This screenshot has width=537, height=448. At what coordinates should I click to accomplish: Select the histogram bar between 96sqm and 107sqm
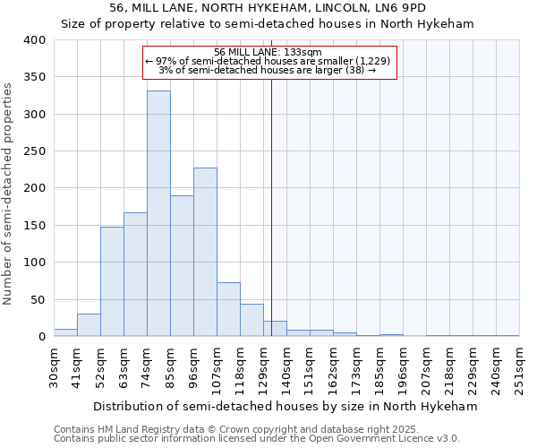click(205, 252)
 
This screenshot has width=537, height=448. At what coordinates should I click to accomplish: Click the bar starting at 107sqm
click(228, 309)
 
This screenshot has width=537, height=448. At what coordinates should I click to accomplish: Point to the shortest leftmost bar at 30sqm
click(65, 332)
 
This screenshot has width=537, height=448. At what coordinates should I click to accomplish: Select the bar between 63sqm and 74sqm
click(135, 274)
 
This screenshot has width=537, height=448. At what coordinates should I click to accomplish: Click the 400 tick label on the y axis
click(34, 40)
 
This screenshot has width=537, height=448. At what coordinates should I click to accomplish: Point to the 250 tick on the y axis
click(34, 151)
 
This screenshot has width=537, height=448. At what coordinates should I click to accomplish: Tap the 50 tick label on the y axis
click(38, 299)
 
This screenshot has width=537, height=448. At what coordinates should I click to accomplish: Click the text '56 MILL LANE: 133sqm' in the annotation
click(268, 52)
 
